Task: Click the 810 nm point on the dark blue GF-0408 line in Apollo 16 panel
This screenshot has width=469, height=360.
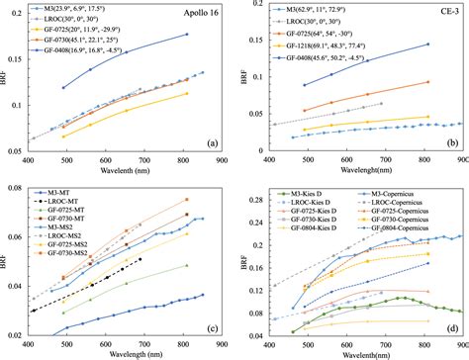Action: coord(186,35)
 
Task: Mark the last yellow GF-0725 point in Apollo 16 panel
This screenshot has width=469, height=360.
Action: coord(186,94)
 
